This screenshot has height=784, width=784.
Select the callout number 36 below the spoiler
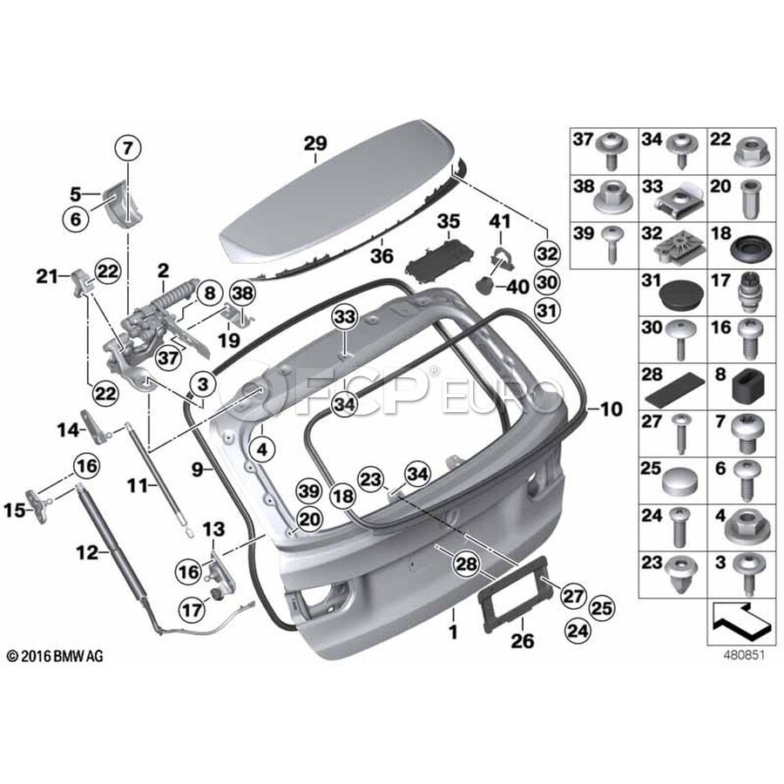[381, 257]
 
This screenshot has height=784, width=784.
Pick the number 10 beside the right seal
[612, 408]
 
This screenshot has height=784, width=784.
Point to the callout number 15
[13, 510]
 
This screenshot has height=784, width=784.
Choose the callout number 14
[67, 429]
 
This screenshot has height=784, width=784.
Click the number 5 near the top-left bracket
[75, 193]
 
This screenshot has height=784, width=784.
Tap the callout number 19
[228, 340]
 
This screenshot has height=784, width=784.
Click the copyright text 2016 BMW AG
[54, 656]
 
